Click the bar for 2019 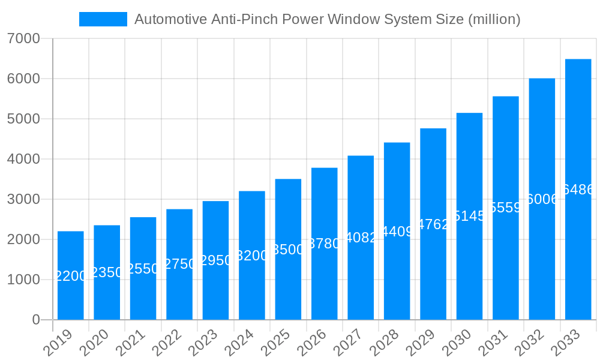pyautogui.click(x=71, y=275)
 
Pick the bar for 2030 pyautogui.click(x=469, y=216)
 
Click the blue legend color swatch pyautogui.click(x=103, y=19)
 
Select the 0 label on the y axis pyautogui.click(x=36, y=320)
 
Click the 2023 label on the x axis pyautogui.click(x=203, y=343)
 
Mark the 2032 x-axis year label pyautogui.click(x=530, y=343)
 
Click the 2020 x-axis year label pyautogui.click(x=94, y=343)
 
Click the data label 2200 pyautogui.click(x=71, y=276)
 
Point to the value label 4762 pyautogui.click(x=433, y=224)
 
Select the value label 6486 pyautogui.click(x=578, y=190)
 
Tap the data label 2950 pyautogui.click(x=215, y=260)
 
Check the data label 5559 pyautogui.click(x=506, y=208)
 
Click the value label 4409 pyautogui.click(x=397, y=231)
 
